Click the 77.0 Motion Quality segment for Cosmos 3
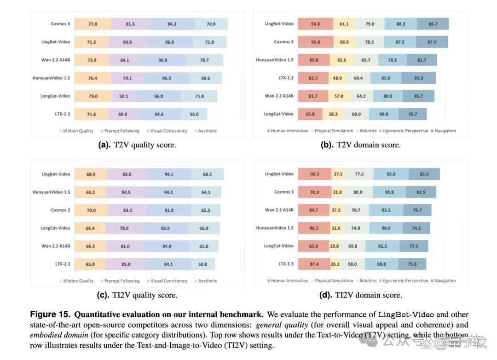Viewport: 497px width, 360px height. point(93,24)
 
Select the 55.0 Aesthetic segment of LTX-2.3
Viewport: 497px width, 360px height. point(194,114)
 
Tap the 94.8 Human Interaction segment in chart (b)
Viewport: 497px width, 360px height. point(315,24)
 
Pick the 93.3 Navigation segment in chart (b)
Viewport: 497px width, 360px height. point(418,78)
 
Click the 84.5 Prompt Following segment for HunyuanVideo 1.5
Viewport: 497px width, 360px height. point(126,192)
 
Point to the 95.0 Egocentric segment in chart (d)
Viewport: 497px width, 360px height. point(391,174)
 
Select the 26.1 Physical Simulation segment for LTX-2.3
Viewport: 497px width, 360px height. point(335,264)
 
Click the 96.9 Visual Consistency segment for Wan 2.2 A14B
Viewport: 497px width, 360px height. point(163,60)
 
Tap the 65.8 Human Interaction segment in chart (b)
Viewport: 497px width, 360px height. point(310,114)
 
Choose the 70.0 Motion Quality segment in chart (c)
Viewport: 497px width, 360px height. point(91,210)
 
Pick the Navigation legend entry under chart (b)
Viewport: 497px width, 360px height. point(444,131)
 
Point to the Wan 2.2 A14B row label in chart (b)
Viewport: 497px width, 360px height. point(279,96)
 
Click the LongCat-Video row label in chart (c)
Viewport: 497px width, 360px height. point(55,228)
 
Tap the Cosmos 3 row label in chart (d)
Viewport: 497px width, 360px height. point(283,192)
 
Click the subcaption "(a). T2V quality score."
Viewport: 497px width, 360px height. point(137,145)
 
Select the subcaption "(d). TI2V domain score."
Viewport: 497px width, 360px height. point(361,295)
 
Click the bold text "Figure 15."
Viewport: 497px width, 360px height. point(50,314)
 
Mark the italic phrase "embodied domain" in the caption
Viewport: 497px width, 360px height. point(59,335)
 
